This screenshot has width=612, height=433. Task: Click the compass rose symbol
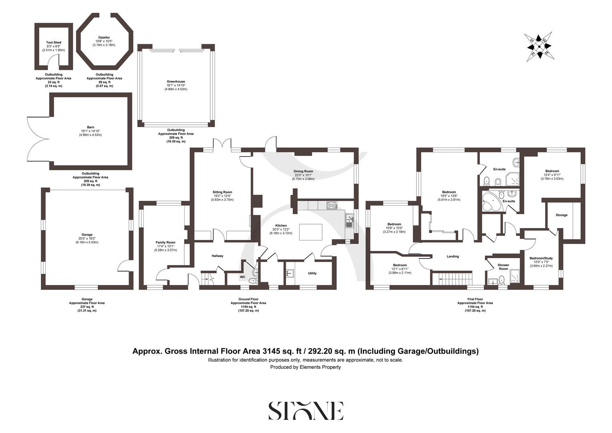[539, 47]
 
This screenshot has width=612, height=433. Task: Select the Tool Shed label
[54, 42]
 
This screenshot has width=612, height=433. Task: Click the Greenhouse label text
[176, 81]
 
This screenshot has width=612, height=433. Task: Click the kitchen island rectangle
[310, 232]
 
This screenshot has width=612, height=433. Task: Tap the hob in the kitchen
[332, 205]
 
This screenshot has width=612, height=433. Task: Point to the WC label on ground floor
[242, 277]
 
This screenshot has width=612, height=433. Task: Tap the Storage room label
[561, 215]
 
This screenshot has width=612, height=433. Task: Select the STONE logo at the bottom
[306, 411]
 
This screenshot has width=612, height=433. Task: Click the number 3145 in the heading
[271, 351]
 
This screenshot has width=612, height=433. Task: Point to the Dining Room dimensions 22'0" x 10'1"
[304, 175]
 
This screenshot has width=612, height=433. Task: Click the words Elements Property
[320, 367]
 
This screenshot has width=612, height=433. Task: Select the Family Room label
[165, 243]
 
